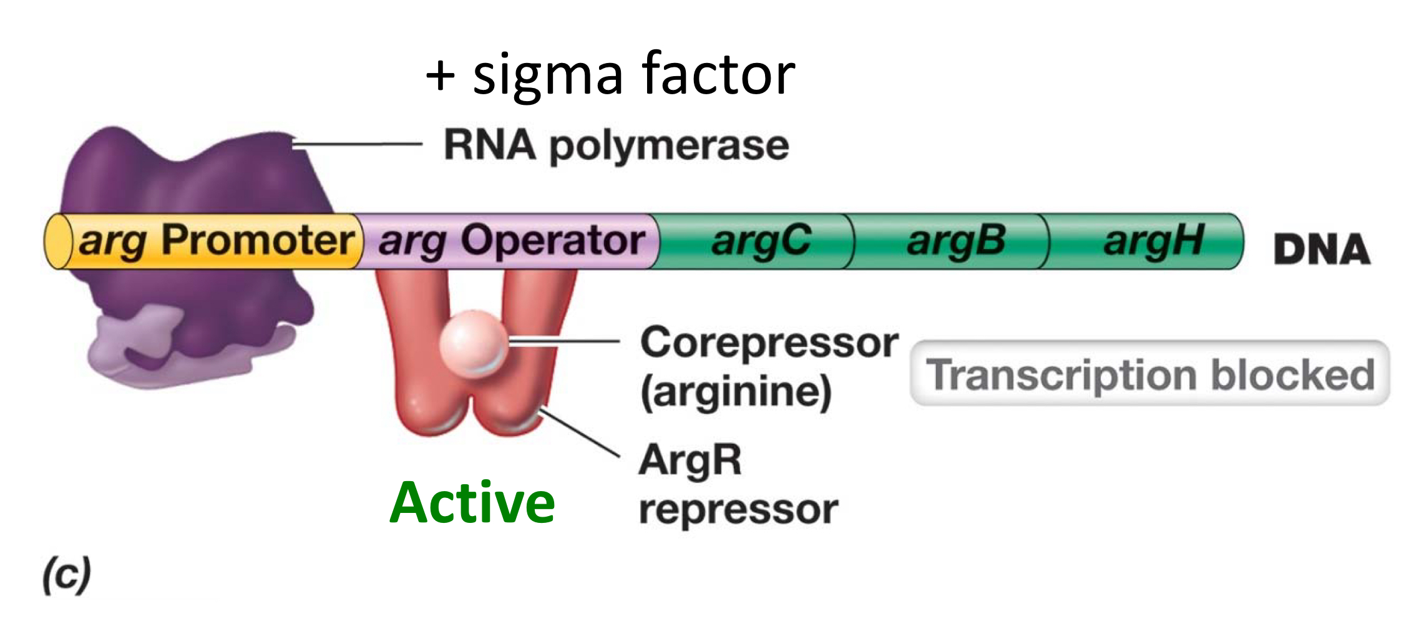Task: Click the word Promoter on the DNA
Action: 257,241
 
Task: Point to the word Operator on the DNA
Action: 553,241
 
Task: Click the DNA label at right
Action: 1322,250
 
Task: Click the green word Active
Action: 472,503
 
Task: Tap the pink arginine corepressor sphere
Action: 473,343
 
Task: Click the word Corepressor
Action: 769,343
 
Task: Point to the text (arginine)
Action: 736,392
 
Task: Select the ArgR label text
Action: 690,461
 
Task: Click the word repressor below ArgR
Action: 739,509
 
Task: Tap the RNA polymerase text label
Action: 616,145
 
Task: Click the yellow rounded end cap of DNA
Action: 58,241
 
